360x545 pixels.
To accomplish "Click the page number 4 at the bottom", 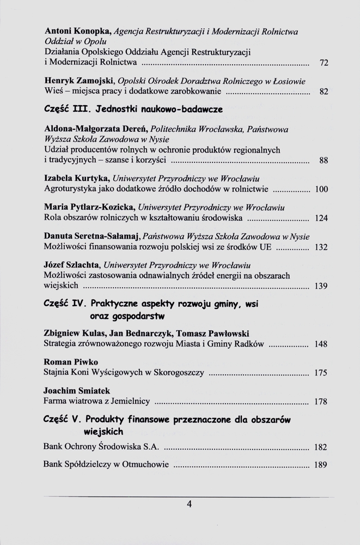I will [x=189, y=504].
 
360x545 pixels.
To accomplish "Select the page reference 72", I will [x=324, y=63].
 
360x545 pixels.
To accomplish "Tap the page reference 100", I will [x=321, y=190].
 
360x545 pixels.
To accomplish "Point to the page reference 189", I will [x=321, y=465].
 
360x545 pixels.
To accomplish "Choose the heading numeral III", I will [x=81, y=110].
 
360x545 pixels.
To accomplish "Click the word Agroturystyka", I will [x=71, y=189].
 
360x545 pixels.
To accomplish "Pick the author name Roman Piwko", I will [x=63, y=362].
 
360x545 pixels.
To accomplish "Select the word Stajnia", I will [x=57, y=373].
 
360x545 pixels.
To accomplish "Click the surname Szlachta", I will [x=83, y=265].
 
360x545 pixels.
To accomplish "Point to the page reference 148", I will [x=321, y=344].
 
